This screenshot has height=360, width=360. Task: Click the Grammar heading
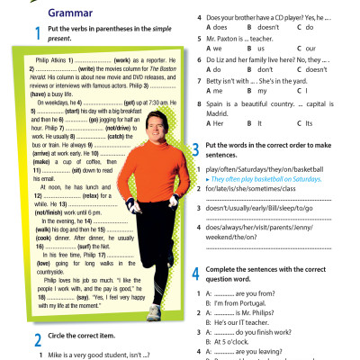click(x=47, y=13)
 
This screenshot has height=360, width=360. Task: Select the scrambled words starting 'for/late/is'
click(x=255, y=191)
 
